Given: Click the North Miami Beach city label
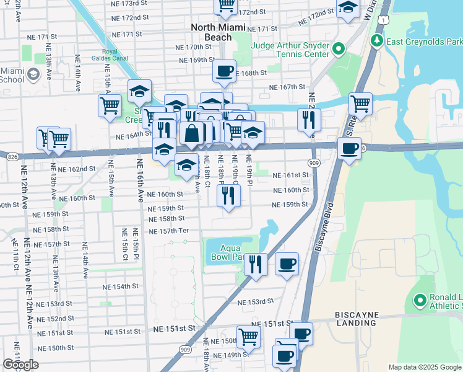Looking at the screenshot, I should (x=219, y=32).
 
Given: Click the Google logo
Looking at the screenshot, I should (x=20, y=364).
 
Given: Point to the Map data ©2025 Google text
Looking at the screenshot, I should (x=424, y=367).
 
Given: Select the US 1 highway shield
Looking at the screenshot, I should (x=385, y=20).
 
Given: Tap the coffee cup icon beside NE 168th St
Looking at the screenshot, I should (x=224, y=70).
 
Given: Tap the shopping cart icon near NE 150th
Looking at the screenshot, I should (x=248, y=337).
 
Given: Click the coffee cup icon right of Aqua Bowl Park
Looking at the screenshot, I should (x=287, y=263).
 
